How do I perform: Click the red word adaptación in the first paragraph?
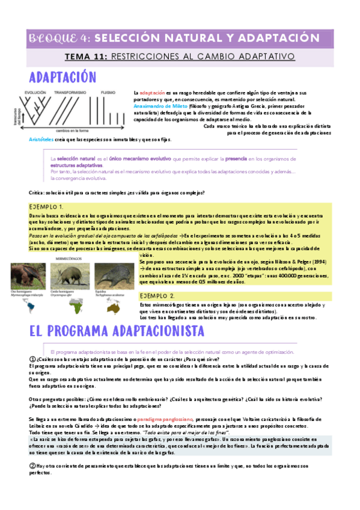pos(151,93)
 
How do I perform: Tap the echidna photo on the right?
pos(112,271)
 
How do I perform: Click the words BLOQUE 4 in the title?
pos(58,38)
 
